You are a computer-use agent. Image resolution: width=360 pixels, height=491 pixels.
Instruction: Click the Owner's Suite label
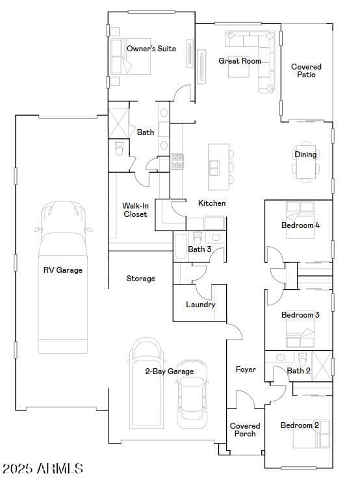click(151, 49)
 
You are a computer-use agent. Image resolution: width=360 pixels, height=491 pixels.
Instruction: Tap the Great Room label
click(239, 61)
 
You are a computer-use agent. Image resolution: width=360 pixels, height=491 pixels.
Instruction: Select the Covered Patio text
click(306, 71)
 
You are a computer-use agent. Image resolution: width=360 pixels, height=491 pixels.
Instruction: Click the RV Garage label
click(62, 270)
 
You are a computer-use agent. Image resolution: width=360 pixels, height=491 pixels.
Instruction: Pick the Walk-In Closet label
click(135, 210)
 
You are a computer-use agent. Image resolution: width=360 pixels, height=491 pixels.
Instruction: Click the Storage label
click(140, 279)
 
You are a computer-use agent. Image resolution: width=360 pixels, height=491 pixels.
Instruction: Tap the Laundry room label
click(200, 305)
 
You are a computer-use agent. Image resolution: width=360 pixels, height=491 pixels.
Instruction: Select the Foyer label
click(246, 370)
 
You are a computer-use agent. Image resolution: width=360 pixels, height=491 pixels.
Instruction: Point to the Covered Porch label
click(245, 430)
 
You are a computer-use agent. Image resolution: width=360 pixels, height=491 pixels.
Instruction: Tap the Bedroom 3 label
click(300, 315)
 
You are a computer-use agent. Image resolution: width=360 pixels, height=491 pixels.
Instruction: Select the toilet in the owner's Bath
click(119, 149)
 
